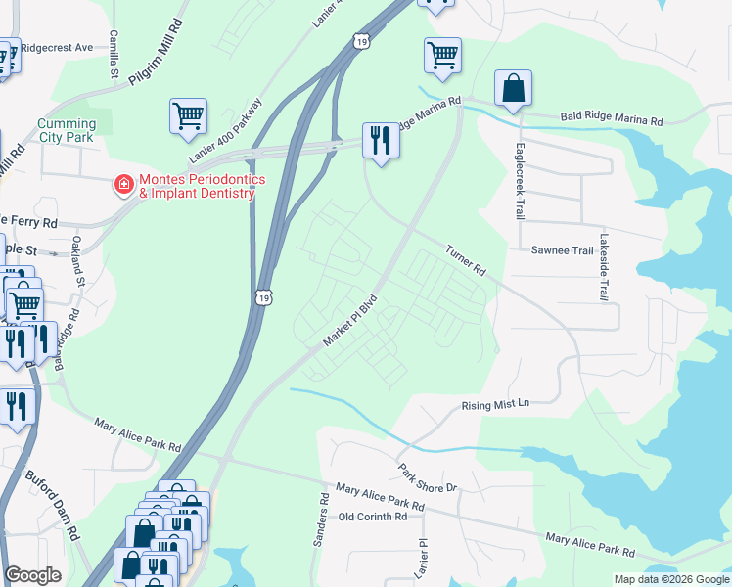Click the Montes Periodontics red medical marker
(x=124, y=183)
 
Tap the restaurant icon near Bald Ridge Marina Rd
(x=380, y=141)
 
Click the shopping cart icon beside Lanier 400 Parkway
(x=188, y=115)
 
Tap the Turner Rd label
(x=466, y=259)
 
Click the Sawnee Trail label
(x=562, y=250)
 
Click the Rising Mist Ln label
(x=494, y=404)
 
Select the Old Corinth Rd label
(x=373, y=517)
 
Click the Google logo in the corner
(x=33, y=575)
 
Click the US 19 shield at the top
(x=362, y=41)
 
